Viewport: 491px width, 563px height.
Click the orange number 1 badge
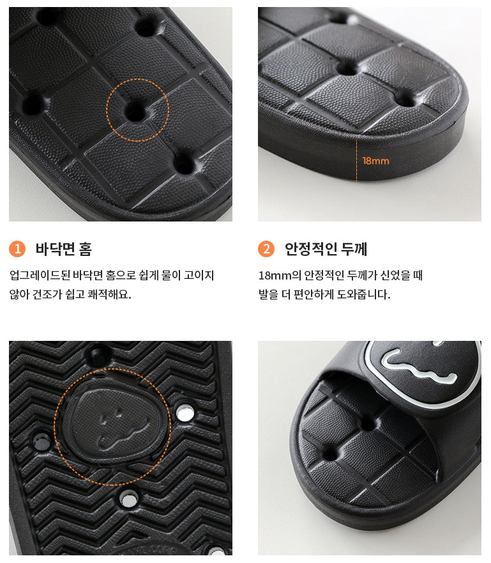(17, 249)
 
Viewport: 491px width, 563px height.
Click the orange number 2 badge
(266, 249)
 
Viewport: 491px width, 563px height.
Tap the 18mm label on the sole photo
(375, 161)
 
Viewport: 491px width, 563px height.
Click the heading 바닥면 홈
(64, 249)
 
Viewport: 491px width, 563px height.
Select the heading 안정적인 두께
(326, 249)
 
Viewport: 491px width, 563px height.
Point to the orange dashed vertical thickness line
(357, 161)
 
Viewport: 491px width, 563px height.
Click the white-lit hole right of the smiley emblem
(185, 413)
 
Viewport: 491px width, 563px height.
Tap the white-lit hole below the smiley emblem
(128, 499)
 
